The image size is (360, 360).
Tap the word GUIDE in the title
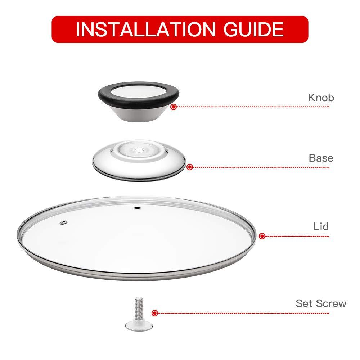[x=254, y=30]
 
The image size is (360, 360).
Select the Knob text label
[x=321, y=97]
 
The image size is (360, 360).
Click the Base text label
[x=321, y=158]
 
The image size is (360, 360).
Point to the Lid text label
[x=321, y=226]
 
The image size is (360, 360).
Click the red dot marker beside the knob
[x=174, y=107]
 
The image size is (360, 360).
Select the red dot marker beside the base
[x=190, y=167]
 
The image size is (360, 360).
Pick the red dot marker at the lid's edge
[x=262, y=236]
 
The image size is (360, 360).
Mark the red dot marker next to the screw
[x=154, y=313]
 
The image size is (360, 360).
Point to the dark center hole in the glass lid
[x=137, y=208]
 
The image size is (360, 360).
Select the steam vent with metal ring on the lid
[x=63, y=223]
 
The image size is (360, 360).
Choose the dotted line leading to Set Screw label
[x=245, y=313]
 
